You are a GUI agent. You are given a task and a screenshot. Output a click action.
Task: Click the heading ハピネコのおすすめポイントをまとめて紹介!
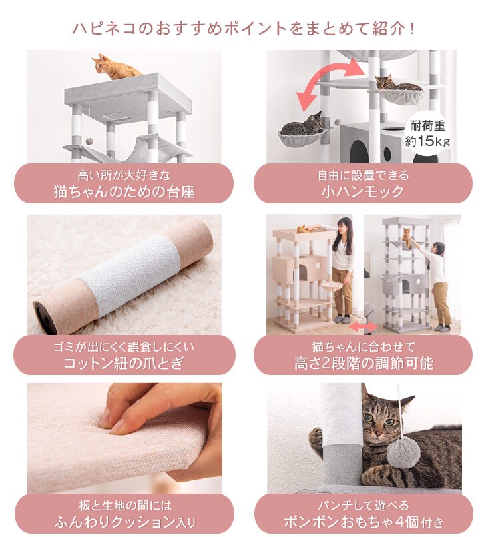click(x=244, y=29)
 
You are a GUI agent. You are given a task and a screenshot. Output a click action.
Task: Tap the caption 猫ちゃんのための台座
click(x=124, y=191)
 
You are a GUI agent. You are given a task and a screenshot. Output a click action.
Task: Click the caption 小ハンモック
click(x=363, y=191)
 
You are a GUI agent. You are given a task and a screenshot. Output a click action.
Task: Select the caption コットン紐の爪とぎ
click(x=124, y=363)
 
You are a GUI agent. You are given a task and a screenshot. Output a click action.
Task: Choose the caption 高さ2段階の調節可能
click(x=364, y=363)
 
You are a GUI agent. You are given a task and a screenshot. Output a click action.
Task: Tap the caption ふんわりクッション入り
click(x=124, y=522)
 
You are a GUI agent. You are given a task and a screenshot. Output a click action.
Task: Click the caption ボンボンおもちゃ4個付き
click(x=364, y=522)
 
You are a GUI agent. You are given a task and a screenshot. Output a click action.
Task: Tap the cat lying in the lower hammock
click(x=303, y=125)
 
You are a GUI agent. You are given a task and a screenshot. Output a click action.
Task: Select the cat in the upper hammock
click(x=397, y=84)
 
